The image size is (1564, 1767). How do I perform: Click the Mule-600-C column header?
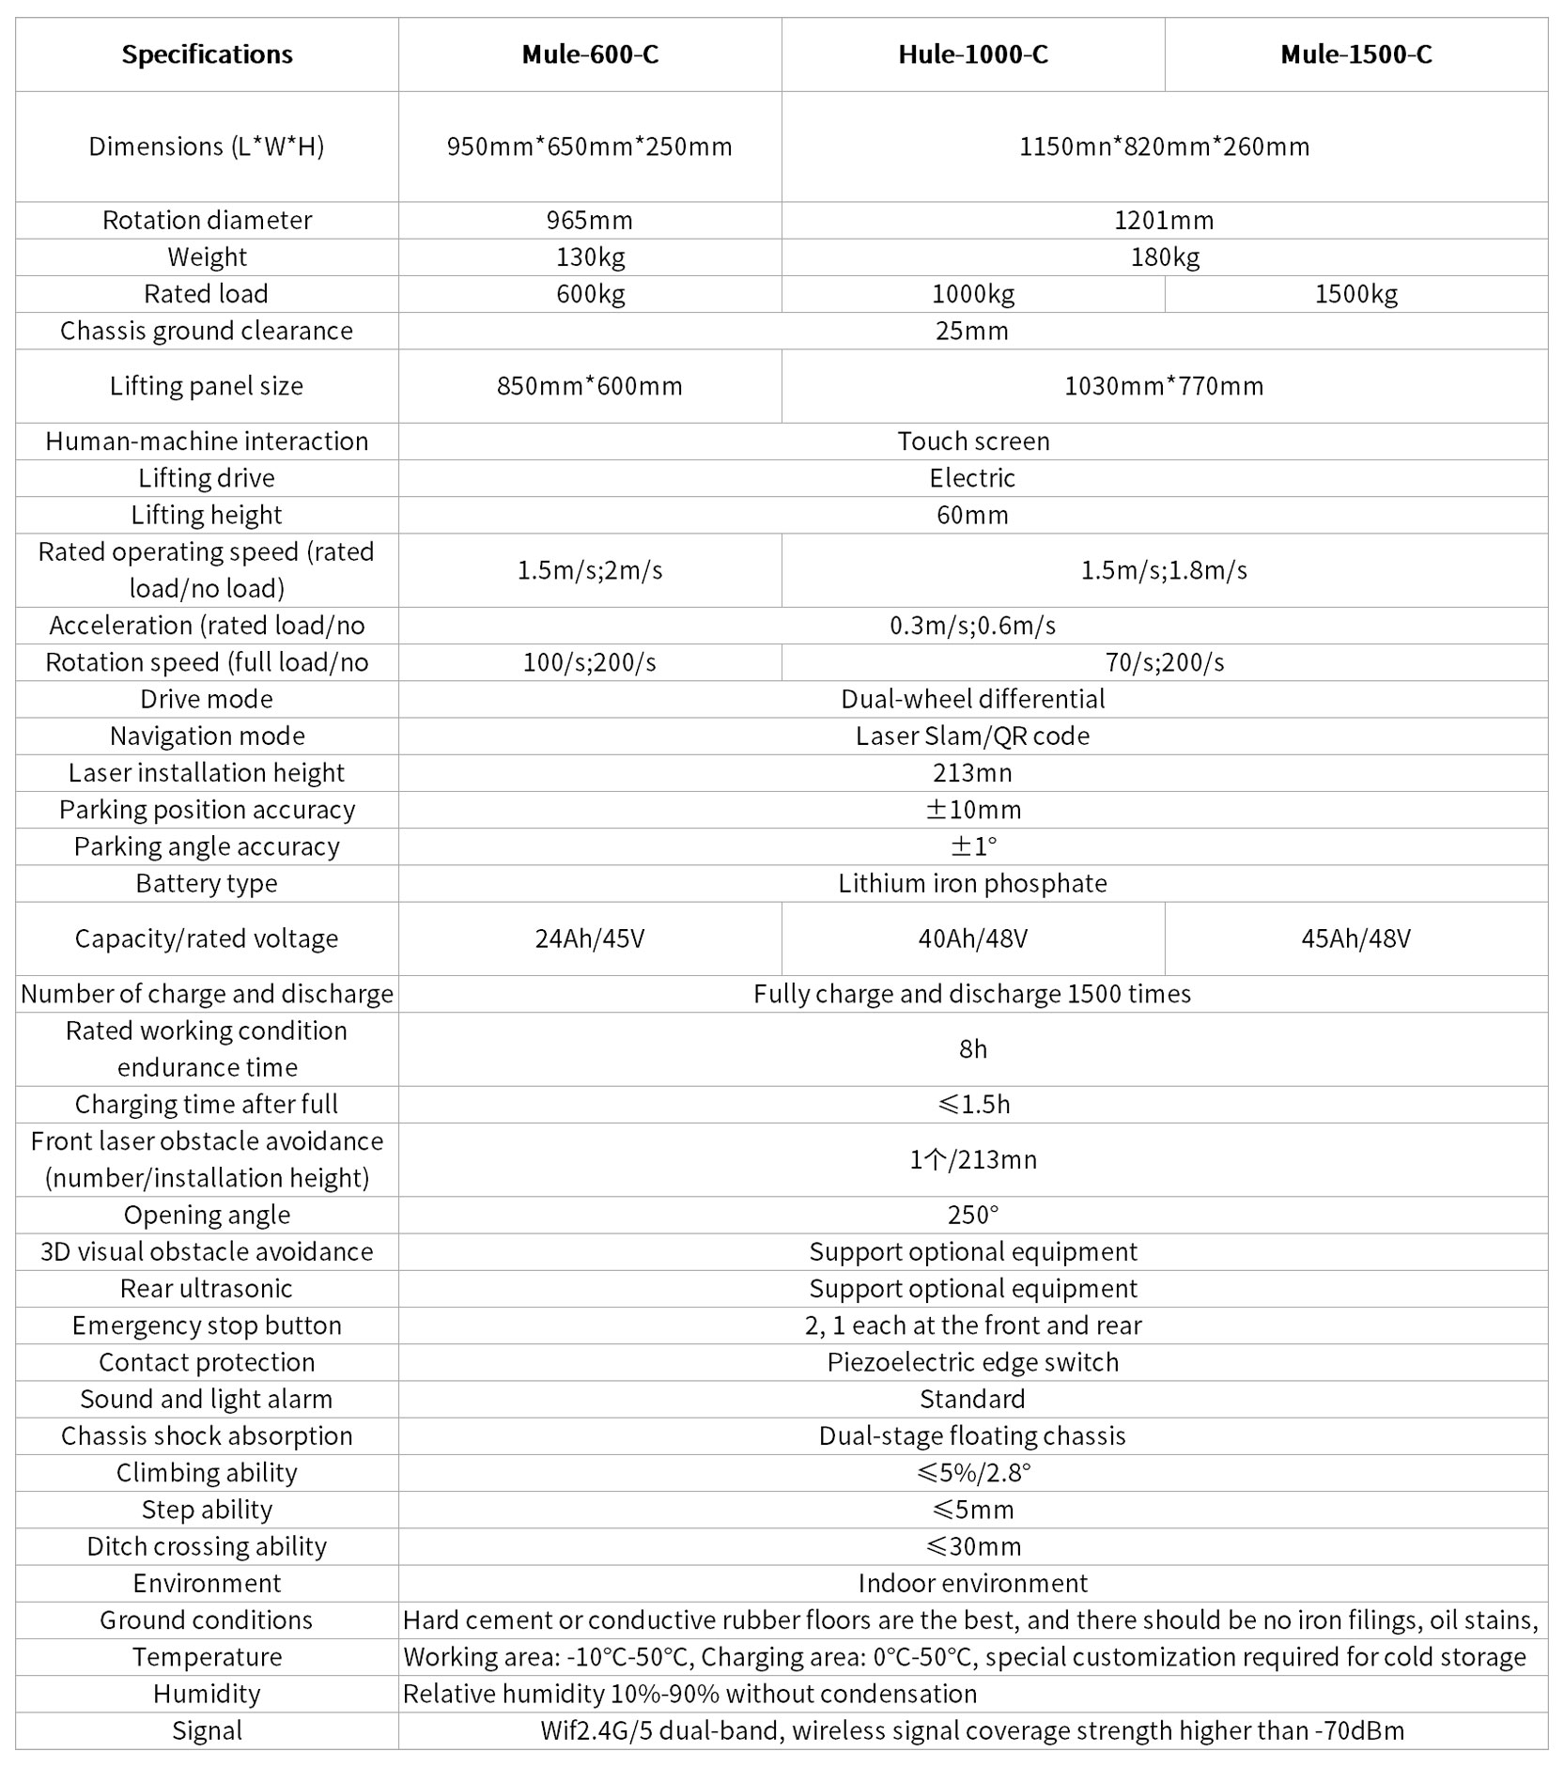point(590,54)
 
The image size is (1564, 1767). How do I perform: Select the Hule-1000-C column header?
point(973,54)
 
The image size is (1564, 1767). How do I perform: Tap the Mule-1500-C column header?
point(1356,54)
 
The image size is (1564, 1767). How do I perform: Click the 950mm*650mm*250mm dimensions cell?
point(590,147)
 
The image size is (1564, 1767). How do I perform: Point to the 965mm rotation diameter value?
point(590,220)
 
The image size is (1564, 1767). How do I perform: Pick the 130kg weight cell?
point(590,256)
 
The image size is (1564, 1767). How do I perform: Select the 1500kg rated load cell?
point(1356,294)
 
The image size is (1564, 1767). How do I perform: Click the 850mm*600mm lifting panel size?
point(590,386)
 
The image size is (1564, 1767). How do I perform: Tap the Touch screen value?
point(973,441)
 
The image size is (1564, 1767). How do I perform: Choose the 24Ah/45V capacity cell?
point(590,938)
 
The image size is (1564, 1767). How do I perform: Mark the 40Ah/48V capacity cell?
point(973,938)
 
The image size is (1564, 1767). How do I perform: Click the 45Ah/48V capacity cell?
point(1356,938)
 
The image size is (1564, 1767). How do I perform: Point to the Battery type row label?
point(207,883)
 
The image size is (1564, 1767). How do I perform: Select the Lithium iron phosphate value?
point(973,883)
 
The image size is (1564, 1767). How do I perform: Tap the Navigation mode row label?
point(207,736)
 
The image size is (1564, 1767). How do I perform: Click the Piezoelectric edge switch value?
point(973,1362)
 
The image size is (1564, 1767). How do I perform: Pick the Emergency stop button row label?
point(207,1325)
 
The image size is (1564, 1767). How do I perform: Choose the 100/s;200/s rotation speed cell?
point(590,662)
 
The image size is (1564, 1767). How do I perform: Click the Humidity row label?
point(207,1694)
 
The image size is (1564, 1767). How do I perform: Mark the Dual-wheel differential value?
point(973,699)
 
